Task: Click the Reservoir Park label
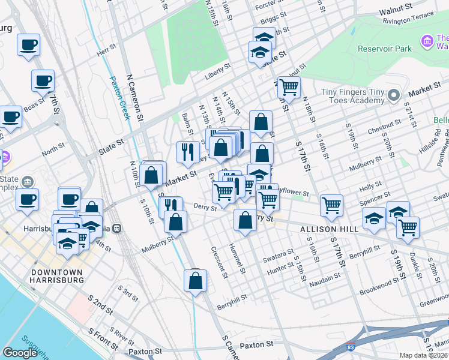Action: pos(384,49)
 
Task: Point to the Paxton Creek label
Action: pos(120,98)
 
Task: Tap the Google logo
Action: pos(20,353)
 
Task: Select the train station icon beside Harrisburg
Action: pos(118,228)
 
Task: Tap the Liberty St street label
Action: pos(218,70)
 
